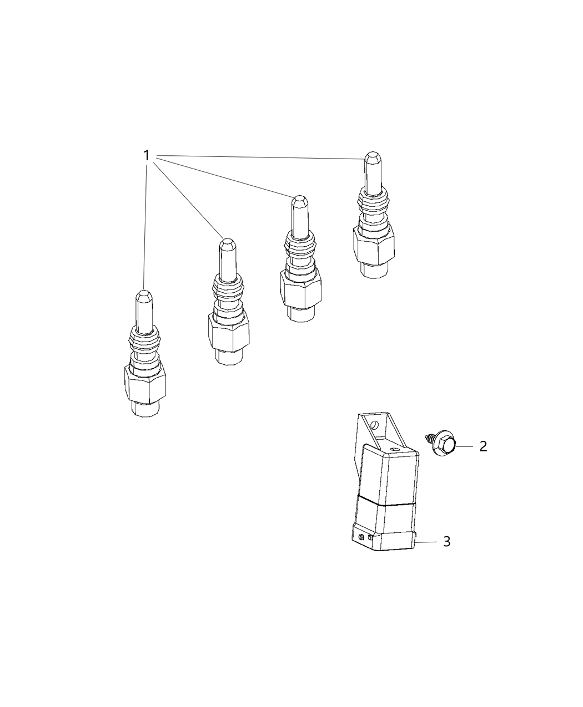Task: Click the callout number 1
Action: pos(147,155)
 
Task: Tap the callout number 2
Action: pos(483,446)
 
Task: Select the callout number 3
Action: pos(446,541)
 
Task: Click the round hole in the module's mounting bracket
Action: pos(375,425)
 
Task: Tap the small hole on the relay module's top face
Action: pos(394,449)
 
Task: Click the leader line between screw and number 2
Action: pos(465,446)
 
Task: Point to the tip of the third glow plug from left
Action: pos(299,201)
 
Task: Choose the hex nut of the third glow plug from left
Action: pos(300,288)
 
